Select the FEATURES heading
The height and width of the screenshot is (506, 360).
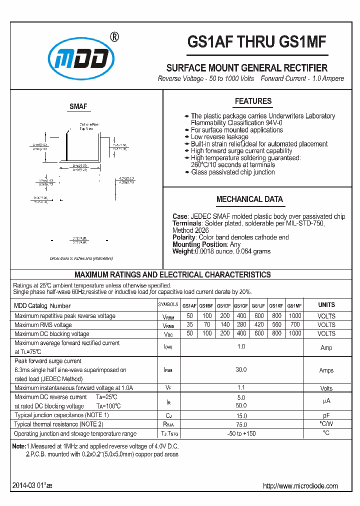click(x=253, y=101)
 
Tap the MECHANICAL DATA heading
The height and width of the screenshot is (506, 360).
click(x=249, y=199)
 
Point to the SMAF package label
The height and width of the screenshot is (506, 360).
click(x=78, y=106)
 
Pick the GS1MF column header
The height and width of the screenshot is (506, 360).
click(x=294, y=305)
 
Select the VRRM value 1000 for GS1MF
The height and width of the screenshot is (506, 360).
click(x=294, y=316)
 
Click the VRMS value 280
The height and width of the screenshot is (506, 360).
click(x=241, y=325)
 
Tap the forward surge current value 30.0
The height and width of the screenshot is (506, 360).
click(x=241, y=370)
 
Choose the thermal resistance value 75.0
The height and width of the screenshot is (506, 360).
click(x=241, y=424)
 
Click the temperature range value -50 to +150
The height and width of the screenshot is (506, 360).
click(x=241, y=433)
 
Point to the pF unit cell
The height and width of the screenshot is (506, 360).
click(x=326, y=415)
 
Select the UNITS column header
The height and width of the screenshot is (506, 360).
click(x=326, y=305)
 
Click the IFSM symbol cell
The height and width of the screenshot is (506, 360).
click(x=168, y=370)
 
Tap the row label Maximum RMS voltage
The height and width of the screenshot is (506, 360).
click(x=43, y=325)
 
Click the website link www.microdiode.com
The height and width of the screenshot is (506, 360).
click(x=300, y=486)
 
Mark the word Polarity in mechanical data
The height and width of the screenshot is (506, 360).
click(x=184, y=237)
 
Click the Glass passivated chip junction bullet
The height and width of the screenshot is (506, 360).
click(x=232, y=172)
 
